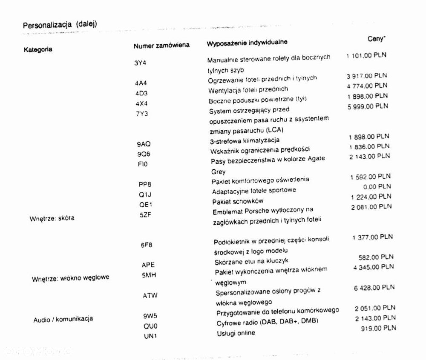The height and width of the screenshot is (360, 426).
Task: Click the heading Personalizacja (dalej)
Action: click(60, 25)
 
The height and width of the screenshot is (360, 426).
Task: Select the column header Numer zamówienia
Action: click(161, 45)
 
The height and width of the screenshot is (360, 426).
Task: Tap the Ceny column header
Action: click(377, 39)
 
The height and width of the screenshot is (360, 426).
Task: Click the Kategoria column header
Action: click(38, 49)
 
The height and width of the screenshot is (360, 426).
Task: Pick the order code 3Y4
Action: click(140, 62)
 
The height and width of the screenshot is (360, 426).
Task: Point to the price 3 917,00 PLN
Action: click(367, 76)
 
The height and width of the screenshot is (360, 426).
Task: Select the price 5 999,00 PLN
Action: click(368, 106)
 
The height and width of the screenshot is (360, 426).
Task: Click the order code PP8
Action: click(145, 184)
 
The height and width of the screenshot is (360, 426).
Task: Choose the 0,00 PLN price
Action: click(378, 186)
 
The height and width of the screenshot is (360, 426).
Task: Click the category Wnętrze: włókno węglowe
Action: click(70, 278)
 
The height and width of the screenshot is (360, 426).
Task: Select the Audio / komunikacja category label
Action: click(63, 319)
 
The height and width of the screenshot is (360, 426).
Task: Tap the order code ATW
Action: click(150, 295)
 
